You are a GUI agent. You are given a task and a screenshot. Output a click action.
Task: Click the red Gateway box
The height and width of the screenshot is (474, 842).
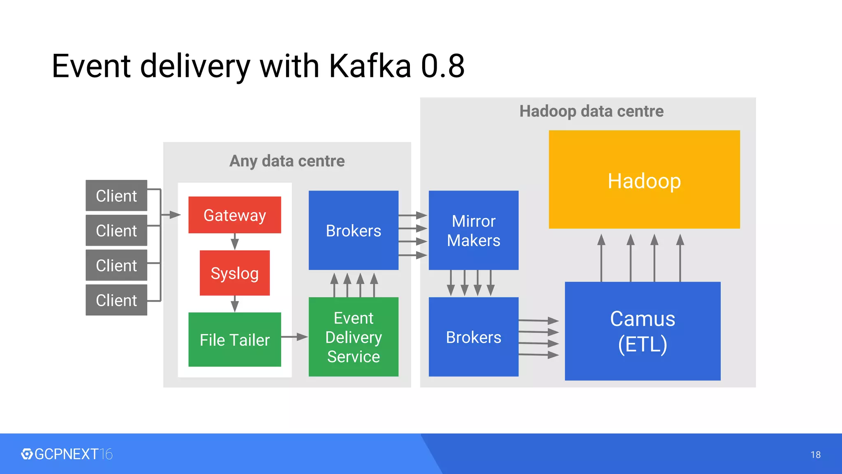click(235, 215)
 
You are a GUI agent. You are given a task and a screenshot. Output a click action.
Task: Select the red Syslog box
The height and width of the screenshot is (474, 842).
click(235, 273)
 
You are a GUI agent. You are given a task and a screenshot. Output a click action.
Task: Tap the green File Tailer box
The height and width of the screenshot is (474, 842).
click(235, 339)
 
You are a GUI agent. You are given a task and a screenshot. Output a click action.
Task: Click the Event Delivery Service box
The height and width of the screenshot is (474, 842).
click(353, 337)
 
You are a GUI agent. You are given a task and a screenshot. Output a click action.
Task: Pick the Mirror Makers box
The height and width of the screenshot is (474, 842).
click(473, 230)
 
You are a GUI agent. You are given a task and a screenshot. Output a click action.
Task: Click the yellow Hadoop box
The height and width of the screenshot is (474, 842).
click(644, 180)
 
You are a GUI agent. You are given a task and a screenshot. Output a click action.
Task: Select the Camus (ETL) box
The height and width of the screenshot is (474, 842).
click(642, 331)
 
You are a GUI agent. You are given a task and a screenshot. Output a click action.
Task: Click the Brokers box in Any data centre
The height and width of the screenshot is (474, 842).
click(353, 230)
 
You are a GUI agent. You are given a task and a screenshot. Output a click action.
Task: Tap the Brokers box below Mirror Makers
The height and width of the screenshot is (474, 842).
click(473, 337)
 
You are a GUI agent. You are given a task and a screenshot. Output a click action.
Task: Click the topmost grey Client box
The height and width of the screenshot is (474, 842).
click(116, 195)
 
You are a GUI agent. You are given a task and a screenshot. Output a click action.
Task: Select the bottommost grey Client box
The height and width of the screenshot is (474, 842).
click(116, 300)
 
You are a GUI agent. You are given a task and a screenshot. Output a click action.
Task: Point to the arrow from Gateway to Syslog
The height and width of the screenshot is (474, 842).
click(235, 242)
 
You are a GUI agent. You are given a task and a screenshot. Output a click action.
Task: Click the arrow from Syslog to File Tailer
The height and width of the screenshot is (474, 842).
click(235, 304)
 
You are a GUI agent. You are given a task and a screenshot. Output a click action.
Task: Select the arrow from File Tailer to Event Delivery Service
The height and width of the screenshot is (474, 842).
click(294, 337)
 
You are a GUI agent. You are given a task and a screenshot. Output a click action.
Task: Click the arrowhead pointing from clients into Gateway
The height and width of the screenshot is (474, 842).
click(174, 214)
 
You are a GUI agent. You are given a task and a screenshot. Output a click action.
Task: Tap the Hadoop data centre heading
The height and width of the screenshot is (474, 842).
click(591, 111)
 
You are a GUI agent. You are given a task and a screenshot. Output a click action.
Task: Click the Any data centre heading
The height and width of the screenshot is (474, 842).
click(287, 161)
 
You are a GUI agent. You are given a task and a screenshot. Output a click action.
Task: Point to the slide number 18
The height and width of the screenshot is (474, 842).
click(815, 455)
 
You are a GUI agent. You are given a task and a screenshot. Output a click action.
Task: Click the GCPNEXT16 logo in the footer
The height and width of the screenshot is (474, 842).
click(67, 454)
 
